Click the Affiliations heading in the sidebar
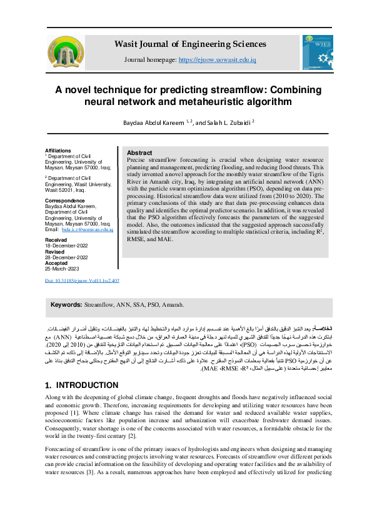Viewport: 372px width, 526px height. tap(58, 151)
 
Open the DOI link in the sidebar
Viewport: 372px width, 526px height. tap(83, 280)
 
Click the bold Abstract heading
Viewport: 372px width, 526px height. tap(139, 153)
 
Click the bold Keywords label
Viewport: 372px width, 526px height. tap(66, 304)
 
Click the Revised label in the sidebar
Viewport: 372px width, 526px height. tap(56, 252)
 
